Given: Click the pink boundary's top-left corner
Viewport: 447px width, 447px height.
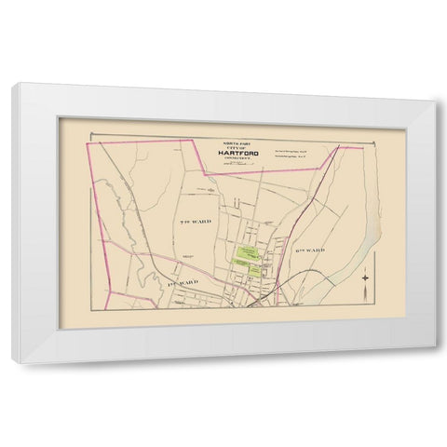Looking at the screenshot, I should [x=88, y=145].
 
